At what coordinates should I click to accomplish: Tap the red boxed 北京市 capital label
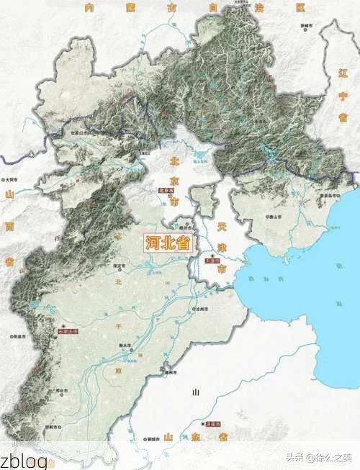pos(166,191)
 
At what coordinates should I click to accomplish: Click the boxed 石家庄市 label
pos(66,333)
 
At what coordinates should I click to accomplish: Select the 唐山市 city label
pos(276,215)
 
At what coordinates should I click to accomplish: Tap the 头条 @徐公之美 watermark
pos(318,458)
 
